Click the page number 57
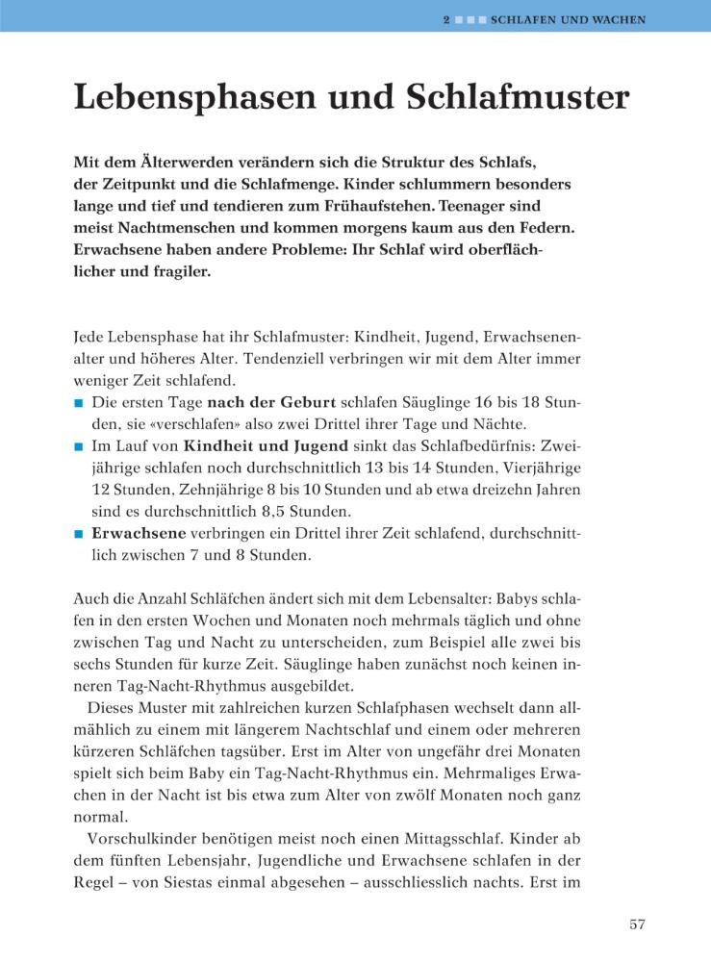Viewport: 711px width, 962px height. click(637, 925)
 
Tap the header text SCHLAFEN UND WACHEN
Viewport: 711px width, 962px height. click(568, 18)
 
